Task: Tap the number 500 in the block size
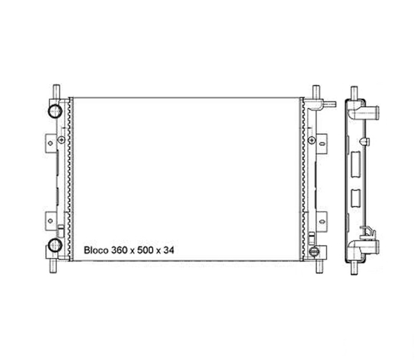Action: click(146, 250)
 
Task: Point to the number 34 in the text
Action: click(168, 250)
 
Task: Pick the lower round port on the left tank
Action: click(55, 245)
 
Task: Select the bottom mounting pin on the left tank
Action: click(53, 266)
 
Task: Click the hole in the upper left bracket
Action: click(50, 143)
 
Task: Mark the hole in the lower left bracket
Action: click(50, 221)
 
